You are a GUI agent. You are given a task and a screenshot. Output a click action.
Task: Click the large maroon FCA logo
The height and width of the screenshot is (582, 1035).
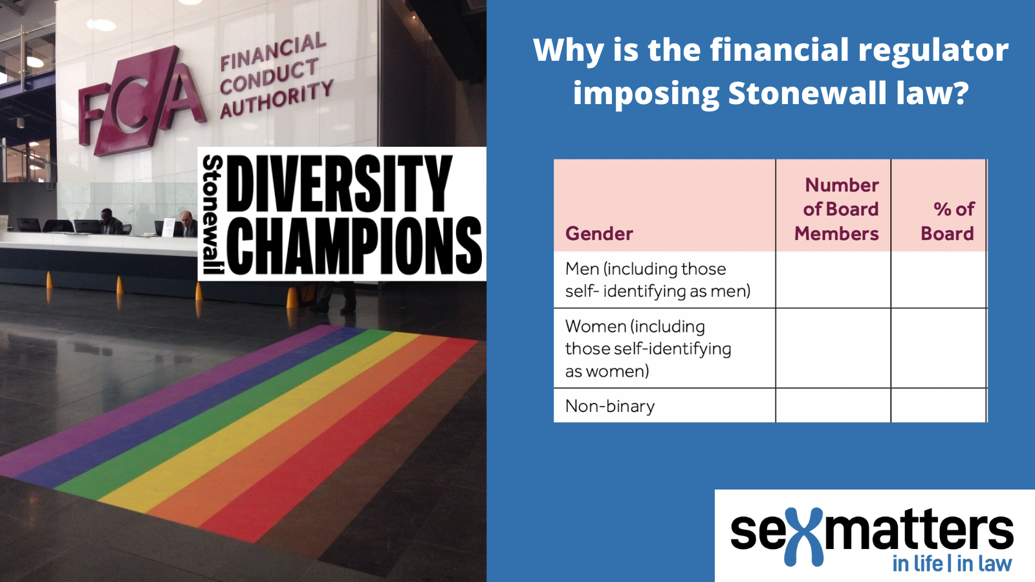coord(141,102)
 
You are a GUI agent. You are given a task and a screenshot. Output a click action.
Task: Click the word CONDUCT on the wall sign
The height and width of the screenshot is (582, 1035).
coord(269,76)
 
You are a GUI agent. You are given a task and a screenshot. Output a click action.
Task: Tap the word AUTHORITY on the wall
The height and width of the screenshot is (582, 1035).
coord(276,100)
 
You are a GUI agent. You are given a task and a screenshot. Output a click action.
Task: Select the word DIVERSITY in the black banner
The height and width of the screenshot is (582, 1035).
coord(339,184)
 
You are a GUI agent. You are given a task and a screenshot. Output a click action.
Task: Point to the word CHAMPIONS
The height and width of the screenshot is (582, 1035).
coord(354,245)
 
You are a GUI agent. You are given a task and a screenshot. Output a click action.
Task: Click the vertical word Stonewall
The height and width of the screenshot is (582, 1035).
coord(213,214)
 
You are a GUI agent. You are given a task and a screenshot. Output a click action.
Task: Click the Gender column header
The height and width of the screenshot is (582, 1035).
coord(599,233)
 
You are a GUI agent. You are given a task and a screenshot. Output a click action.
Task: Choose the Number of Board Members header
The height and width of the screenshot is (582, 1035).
coord(837,210)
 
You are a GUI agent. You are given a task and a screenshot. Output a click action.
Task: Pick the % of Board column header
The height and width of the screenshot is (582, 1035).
coord(948,221)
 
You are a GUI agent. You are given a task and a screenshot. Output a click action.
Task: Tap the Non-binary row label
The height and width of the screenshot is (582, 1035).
coord(610,406)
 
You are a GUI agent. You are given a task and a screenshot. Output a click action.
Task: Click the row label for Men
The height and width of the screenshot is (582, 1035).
coord(657,280)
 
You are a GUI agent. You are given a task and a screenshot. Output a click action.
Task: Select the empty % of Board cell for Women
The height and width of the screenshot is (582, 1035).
coord(939,349)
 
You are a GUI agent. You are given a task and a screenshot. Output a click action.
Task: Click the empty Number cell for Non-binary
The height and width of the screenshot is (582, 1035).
coord(833,405)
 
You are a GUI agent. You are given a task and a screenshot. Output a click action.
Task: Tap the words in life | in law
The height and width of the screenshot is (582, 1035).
coord(952,564)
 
